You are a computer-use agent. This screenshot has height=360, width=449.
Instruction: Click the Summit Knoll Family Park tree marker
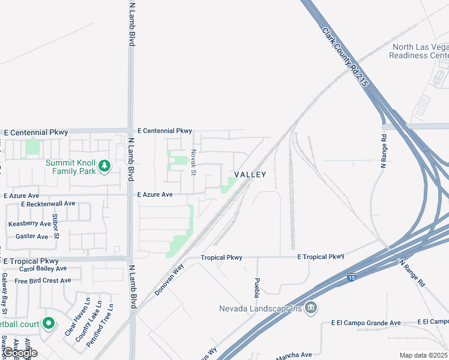tap(104, 166)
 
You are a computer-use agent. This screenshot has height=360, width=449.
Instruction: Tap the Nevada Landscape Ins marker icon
tap(311, 308)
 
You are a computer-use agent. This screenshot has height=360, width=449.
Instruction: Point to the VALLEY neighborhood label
tap(250, 174)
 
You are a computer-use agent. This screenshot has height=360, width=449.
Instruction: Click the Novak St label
tap(193, 163)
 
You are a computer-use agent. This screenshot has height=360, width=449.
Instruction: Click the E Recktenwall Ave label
tap(47, 204)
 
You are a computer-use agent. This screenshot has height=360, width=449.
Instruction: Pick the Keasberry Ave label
tap(29, 224)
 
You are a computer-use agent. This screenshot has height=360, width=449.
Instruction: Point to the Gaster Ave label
tap(32, 236)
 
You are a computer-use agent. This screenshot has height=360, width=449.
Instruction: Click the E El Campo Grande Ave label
tap(366, 323)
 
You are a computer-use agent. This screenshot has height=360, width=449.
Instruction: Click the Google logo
tap(20, 353)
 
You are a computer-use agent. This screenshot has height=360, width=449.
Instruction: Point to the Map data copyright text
tap(423, 355)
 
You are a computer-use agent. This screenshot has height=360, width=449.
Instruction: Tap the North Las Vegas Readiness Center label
tap(419, 51)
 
